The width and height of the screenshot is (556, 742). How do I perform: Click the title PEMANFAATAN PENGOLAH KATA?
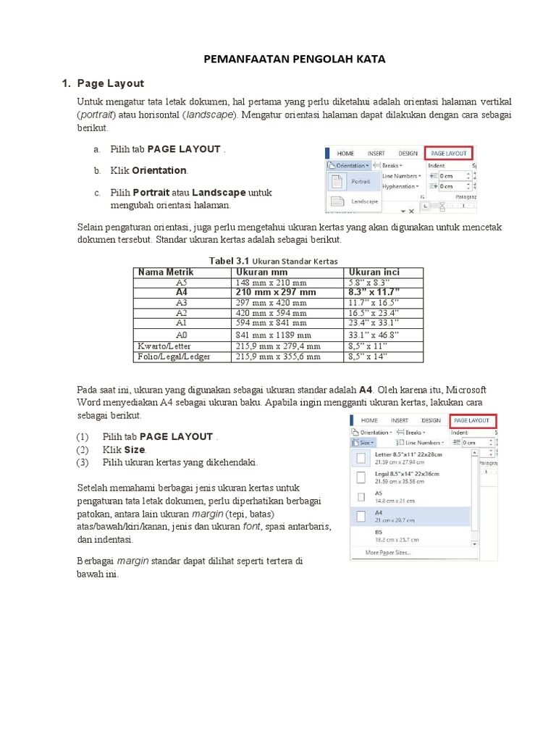293,59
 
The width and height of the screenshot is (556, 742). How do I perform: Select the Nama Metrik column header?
166,272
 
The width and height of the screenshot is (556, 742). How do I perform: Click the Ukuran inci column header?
374,272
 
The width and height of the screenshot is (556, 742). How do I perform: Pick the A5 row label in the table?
181,282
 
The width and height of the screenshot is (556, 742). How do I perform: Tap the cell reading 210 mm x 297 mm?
276,292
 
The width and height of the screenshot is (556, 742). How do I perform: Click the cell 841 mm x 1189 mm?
273,335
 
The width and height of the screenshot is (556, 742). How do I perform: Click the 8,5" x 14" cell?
368,357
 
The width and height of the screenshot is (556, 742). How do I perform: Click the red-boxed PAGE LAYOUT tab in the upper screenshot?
448,153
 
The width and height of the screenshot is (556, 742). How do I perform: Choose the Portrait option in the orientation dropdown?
361,181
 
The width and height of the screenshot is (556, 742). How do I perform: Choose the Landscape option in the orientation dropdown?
364,201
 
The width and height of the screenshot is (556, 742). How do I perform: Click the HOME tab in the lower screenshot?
369,420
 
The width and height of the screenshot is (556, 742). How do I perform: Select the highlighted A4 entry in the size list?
410,515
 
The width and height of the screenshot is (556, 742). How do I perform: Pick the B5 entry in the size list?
410,535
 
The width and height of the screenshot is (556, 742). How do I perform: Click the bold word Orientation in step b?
159,171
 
